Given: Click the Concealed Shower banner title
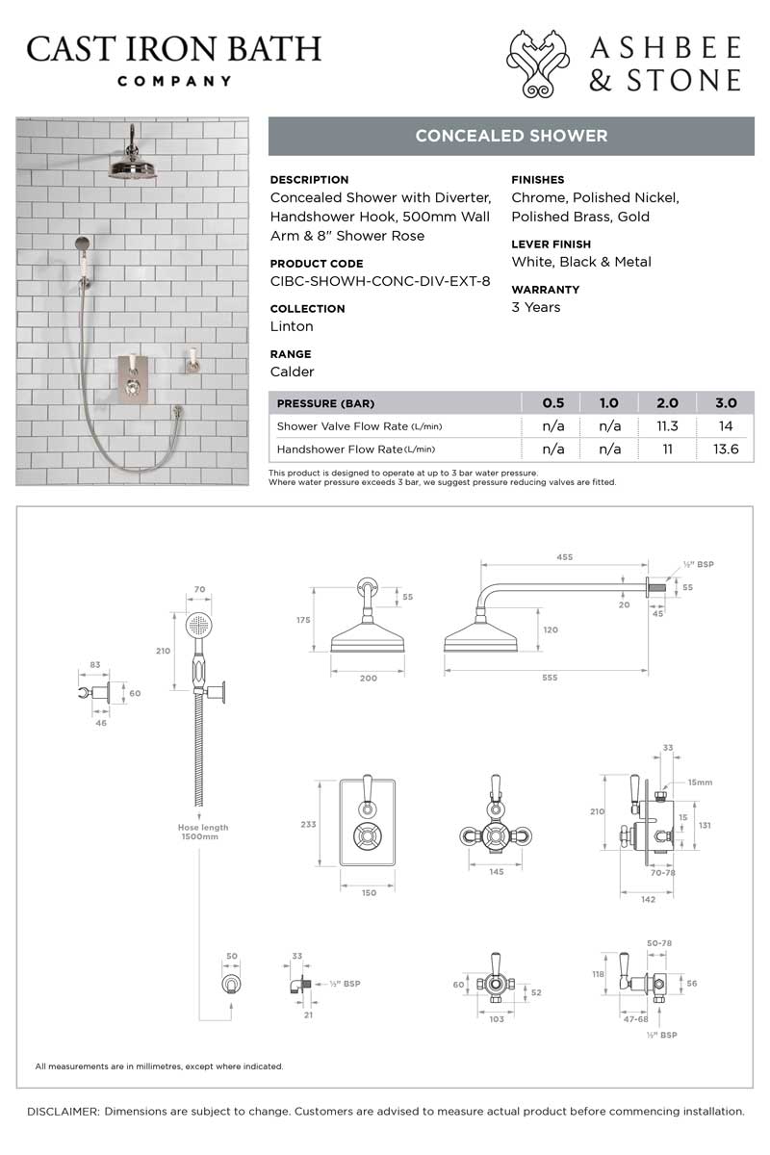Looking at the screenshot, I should (x=511, y=136).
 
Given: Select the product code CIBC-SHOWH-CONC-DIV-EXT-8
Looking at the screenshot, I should (x=380, y=281).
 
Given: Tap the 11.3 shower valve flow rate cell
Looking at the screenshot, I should (x=667, y=426).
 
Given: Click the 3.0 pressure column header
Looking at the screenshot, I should (x=726, y=403).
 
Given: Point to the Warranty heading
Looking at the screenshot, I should (x=544, y=289).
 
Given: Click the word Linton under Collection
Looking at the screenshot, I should (x=292, y=326).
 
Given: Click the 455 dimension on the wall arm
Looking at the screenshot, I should (x=565, y=556).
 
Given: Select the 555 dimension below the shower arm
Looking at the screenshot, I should (x=550, y=678).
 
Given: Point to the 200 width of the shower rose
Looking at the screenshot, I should (x=369, y=678).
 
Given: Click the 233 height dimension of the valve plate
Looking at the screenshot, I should (x=308, y=825).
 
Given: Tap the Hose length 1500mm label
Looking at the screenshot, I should (x=203, y=833).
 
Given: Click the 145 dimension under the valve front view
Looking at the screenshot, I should (x=497, y=872).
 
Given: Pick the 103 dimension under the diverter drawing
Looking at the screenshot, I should (x=497, y=1018).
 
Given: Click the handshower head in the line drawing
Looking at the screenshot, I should (x=200, y=627).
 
